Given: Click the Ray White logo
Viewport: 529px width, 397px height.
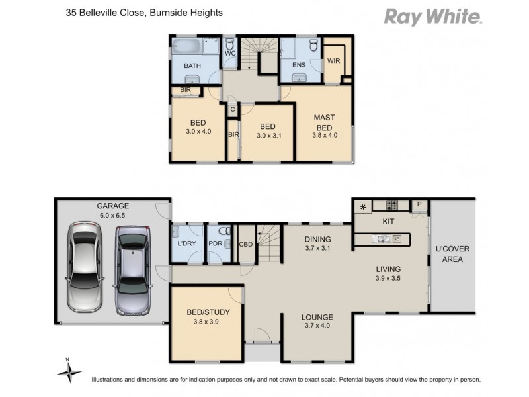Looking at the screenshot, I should click(433, 16).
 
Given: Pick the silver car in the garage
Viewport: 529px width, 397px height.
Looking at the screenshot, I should click(132, 270).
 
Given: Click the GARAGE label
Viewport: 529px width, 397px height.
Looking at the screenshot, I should click(114, 206).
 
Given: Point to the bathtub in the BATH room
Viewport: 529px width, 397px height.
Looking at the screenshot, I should click(188, 47).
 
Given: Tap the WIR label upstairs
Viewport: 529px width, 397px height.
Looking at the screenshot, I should click(334, 61).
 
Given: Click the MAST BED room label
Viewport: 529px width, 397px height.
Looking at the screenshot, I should click(324, 122).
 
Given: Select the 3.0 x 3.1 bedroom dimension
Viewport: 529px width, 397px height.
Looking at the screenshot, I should click(267, 136).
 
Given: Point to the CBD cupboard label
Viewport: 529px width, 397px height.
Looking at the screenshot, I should click(246, 245).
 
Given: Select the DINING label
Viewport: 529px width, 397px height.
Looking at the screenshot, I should click(317, 239).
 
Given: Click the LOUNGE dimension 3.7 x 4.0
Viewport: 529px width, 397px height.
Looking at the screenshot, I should click(317, 326).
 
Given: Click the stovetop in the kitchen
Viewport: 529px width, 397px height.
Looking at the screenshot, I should click(391, 205).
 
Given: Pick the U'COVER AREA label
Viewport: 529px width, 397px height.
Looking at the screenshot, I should click(452, 254).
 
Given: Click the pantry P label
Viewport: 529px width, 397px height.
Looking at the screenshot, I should click(419, 205).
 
